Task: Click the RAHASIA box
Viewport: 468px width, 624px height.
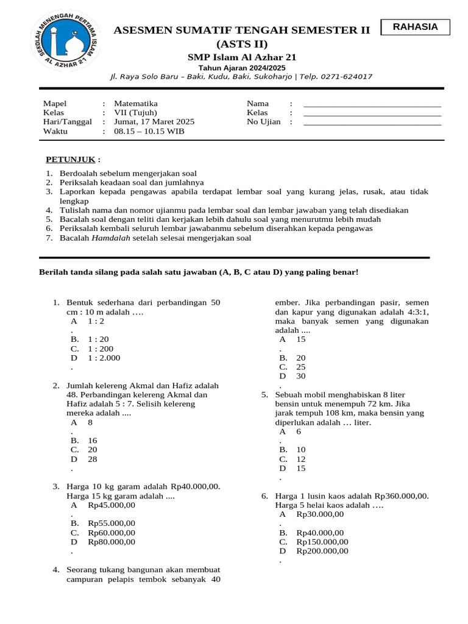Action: click(415, 27)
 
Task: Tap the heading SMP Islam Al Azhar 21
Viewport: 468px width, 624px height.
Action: click(242, 57)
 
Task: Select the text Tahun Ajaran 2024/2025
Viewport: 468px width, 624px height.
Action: click(242, 67)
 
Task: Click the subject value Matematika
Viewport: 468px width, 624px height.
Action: click(136, 104)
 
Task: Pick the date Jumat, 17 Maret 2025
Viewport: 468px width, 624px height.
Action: click(154, 122)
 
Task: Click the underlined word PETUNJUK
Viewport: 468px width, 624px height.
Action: click(71, 160)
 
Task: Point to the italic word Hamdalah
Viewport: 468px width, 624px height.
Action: click(111, 238)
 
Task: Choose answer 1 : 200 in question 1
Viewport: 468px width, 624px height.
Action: click(101, 349)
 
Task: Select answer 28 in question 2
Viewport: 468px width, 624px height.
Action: click(93, 459)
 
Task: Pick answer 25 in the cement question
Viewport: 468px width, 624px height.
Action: click(301, 367)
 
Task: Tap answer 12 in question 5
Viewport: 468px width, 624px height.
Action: click(301, 459)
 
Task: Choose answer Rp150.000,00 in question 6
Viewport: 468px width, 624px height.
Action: click(322, 542)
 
